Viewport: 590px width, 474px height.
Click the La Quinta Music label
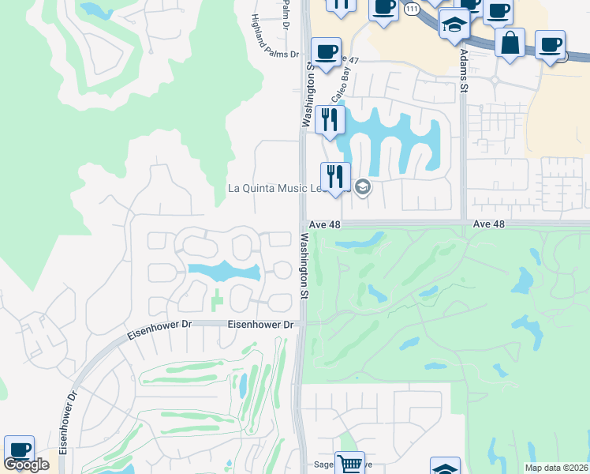pyautogui.click(x=272, y=188)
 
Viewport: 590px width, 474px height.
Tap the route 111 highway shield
pyautogui.click(x=411, y=9)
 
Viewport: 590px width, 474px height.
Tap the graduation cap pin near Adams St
pyautogui.click(x=454, y=25)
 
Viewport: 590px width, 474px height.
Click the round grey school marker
pyautogui.click(x=363, y=187)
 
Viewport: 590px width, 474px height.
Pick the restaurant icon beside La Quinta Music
pyautogui.click(x=335, y=177)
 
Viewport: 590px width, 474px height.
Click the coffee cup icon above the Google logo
pyautogui.click(x=19, y=450)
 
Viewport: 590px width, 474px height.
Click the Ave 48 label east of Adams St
pyautogui.click(x=488, y=224)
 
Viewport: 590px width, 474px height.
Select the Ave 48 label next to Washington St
pyautogui.click(x=325, y=224)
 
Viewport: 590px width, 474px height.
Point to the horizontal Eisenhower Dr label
pyautogui.click(x=260, y=325)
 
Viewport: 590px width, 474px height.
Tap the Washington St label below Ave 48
pyautogui.click(x=303, y=265)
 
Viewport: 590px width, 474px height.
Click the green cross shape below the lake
pyautogui.click(x=218, y=300)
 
